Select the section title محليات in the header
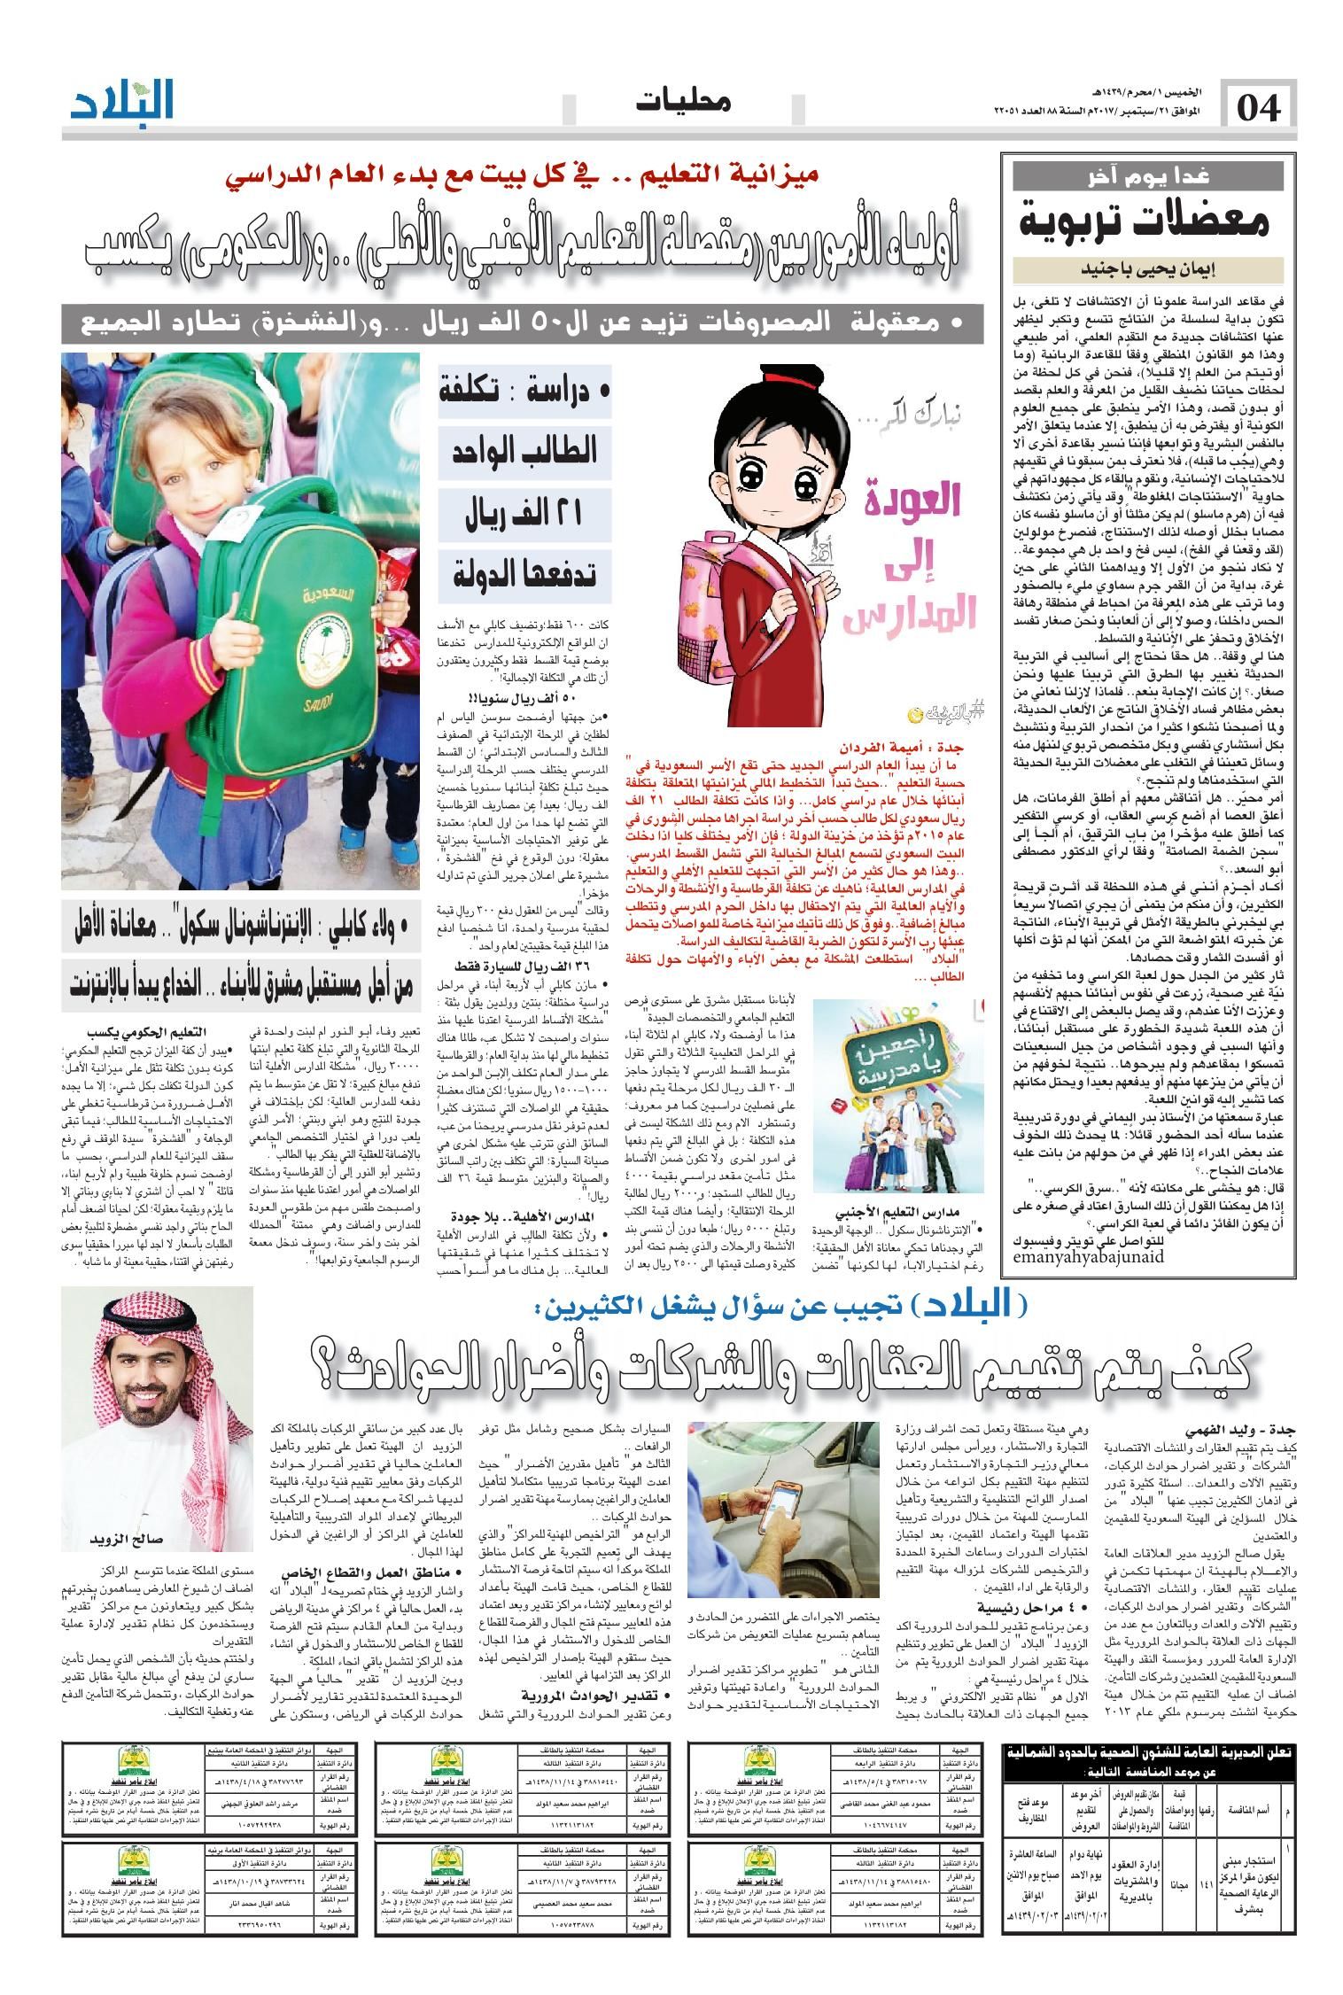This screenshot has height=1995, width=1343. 683,103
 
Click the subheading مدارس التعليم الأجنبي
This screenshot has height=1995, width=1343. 899,1212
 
